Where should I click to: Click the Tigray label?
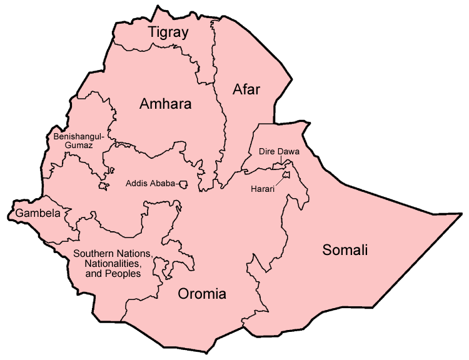pos(168,33)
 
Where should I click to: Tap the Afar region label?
pos(246,89)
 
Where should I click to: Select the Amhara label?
pos(165,104)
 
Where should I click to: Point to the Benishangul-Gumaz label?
pos(81,141)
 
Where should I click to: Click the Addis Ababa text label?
pos(149,184)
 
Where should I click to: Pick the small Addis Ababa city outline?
pos(184,184)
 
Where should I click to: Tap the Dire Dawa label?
pos(279,152)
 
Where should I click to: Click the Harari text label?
pos(263,189)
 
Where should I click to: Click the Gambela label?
pos(38,214)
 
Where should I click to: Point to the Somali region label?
pos(345,251)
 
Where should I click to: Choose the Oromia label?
pos(202,294)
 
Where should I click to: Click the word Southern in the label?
pos(92,254)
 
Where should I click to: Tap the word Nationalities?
pos(99,264)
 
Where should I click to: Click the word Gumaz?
pos(81,145)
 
